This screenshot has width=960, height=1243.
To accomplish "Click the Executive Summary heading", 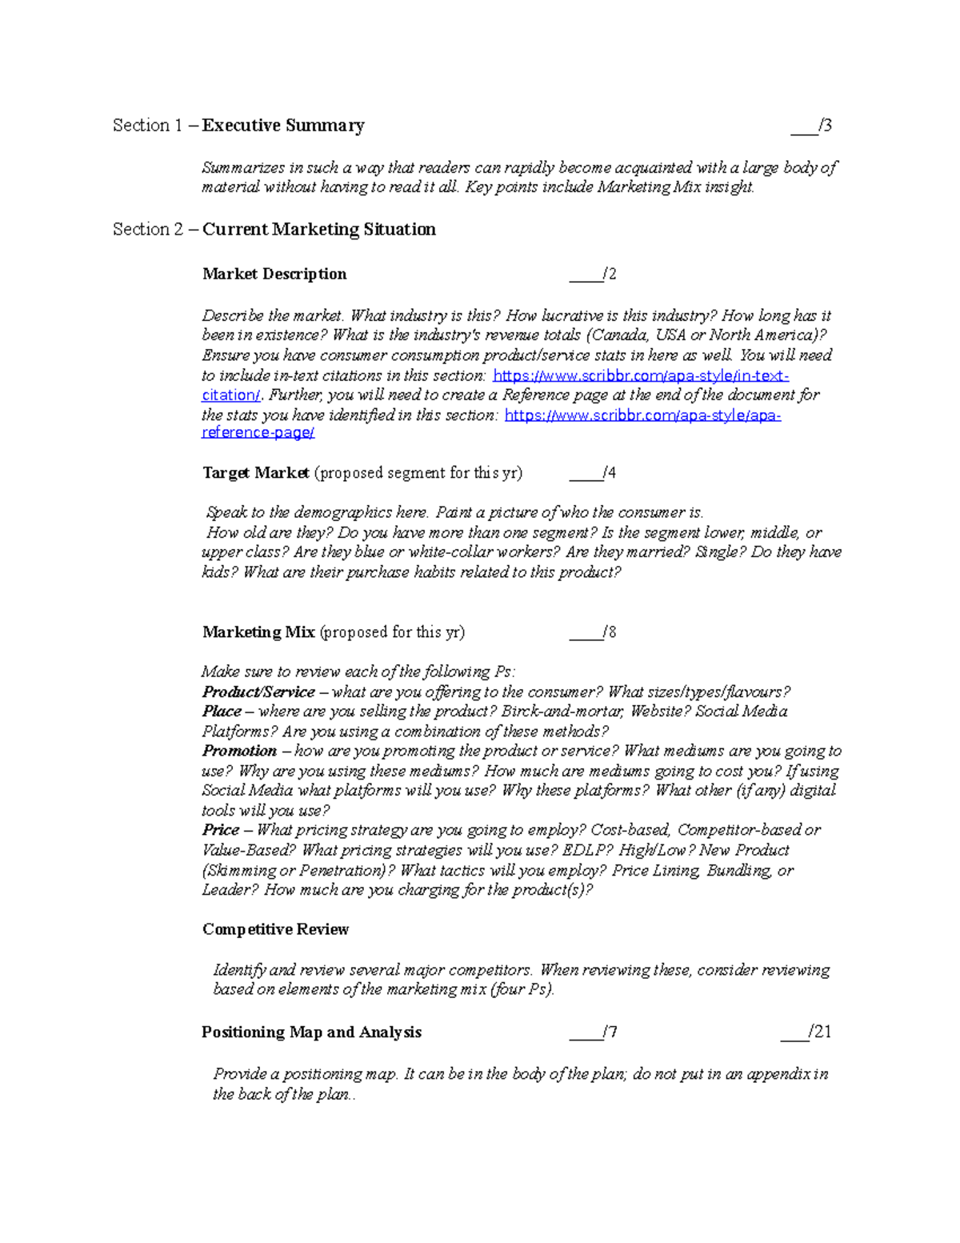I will (x=283, y=126).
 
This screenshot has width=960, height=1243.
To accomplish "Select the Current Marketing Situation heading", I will (x=318, y=230).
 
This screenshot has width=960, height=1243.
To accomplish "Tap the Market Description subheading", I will (x=274, y=275).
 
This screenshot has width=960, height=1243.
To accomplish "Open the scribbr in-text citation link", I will (x=640, y=375).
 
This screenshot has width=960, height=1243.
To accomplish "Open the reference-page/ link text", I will (x=258, y=433).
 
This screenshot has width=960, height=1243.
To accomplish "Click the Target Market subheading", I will (x=256, y=473).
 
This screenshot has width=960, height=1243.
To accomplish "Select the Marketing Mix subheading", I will (x=258, y=632).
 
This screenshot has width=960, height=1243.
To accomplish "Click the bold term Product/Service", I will (x=258, y=692).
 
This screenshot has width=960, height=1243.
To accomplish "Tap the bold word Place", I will (x=222, y=712).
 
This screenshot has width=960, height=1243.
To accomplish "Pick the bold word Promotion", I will (x=238, y=751).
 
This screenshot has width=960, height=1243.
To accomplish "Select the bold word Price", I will (x=220, y=830).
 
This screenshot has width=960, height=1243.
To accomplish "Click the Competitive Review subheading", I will (x=275, y=930).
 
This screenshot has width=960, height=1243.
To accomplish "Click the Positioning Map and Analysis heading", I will (x=311, y=1032).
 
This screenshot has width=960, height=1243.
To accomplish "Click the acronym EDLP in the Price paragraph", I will (x=587, y=850).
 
